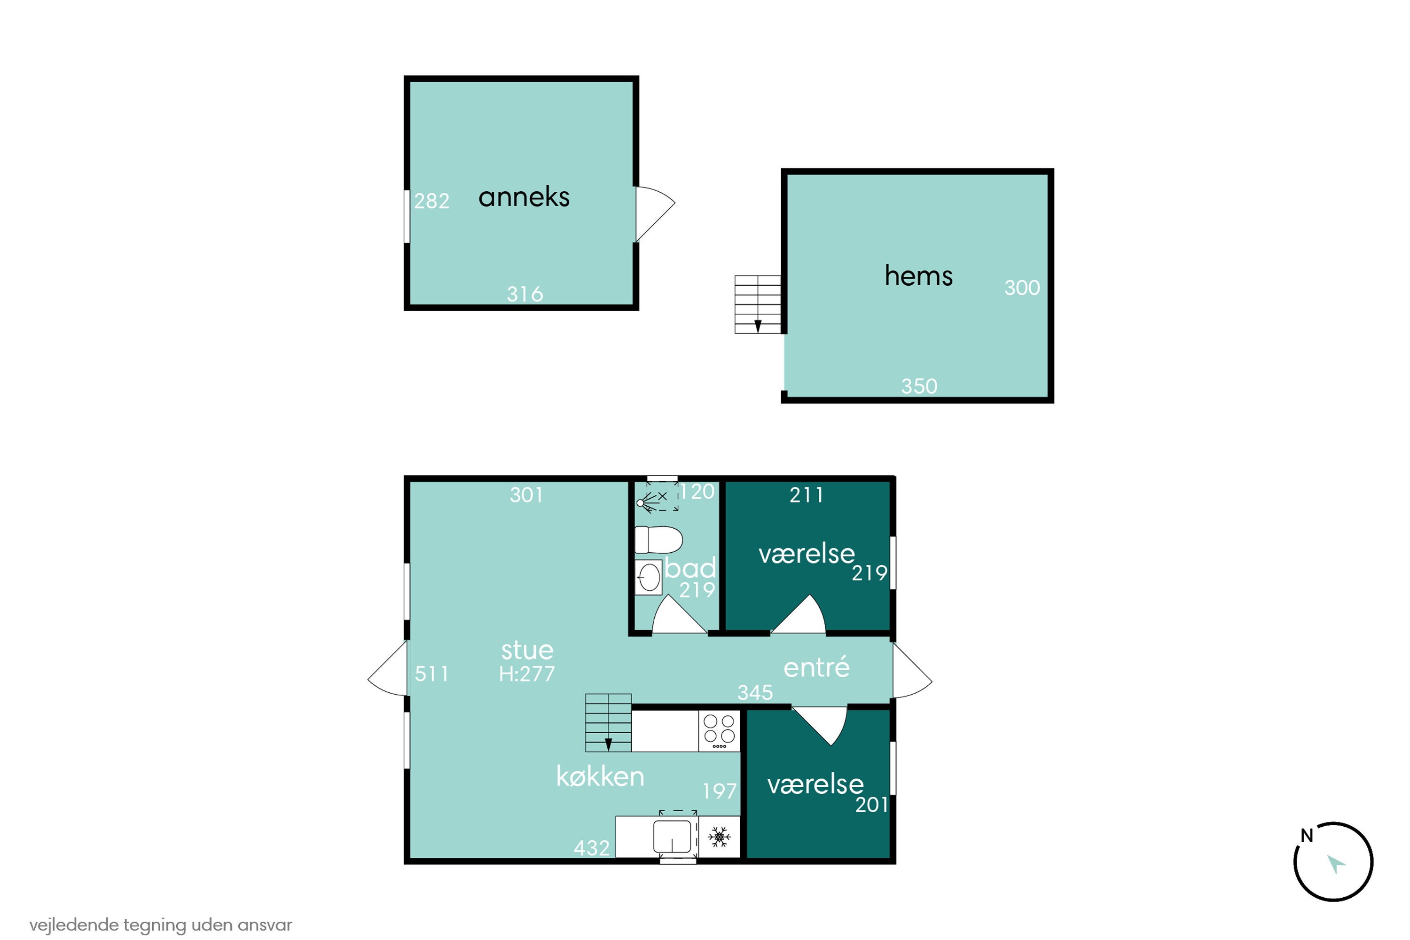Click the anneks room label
[x=524, y=197]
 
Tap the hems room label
[x=918, y=276]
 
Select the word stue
[x=527, y=650]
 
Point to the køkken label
[x=600, y=776]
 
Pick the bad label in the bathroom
[x=690, y=567]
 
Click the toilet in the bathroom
[x=659, y=540]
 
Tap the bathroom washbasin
[x=649, y=577]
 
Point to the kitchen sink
[x=672, y=836]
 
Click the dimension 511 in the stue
[x=431, y=674]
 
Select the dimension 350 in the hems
[x=919, y=386]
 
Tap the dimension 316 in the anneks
[x=525, y=294]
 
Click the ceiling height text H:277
[x=527, y=674]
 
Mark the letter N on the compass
[x=1307, y=835]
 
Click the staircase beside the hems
[x=758, y=304]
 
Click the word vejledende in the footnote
[x=74, y=925]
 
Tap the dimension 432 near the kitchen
[x=592, y=848]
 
